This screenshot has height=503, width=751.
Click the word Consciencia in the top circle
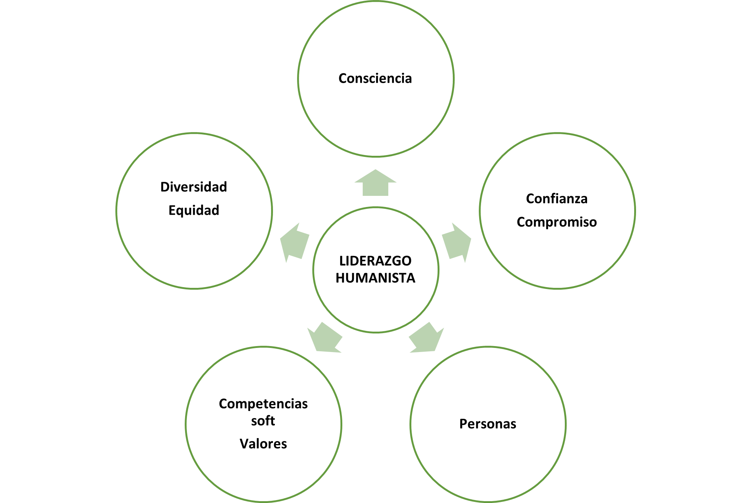click(x=375, y=79)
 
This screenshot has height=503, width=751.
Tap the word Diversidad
click(x=194, y=187)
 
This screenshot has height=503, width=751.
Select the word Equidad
click(x=194, y=210)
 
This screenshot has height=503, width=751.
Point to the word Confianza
click(x=557, y=199)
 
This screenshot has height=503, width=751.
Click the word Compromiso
click(x=557, y=222)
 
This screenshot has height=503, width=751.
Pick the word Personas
click(x=488, y=424)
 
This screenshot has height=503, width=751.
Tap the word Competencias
click(x=263, y=404)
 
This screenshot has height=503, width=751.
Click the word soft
click(x=263, y=421)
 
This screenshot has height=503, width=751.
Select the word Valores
click(x=263, y=444)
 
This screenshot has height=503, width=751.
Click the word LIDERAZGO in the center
click(x=375, y=261)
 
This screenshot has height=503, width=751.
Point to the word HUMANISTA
click(x=375, y=278)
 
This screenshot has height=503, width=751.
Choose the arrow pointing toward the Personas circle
click(x=426, y=338)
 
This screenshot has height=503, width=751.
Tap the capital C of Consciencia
click(x=343, y=79)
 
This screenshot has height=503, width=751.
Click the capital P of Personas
click(x=463, y=424)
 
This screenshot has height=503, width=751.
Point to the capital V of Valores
click(x=244, y=444)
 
